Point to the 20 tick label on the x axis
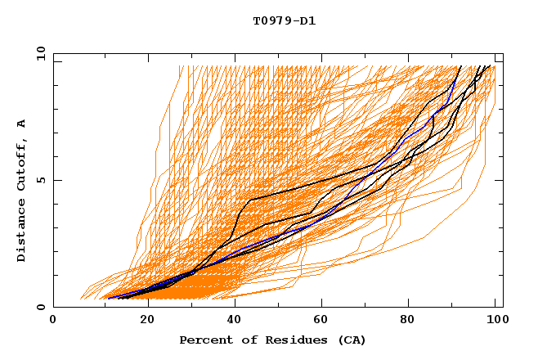[x=144, y=321]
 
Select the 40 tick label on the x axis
[x=234, y=321]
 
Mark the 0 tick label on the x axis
[x=54, y=321]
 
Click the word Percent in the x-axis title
[x=204, y=340]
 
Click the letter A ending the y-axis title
[x=21, y=124]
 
